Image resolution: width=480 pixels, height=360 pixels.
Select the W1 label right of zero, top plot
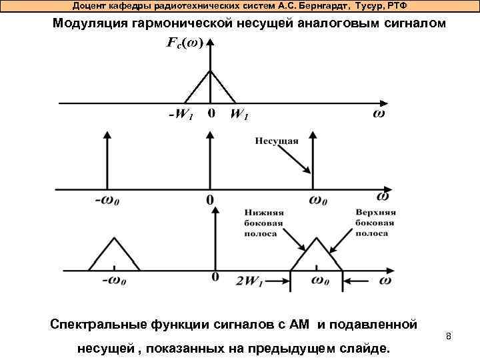click(239, 115)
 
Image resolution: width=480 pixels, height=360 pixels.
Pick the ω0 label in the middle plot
click(318, 199)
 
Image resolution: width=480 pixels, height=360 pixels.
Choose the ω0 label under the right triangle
click(319, 281)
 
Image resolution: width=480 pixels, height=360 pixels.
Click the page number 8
click(449, 337)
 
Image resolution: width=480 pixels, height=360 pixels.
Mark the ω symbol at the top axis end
click(378, 115)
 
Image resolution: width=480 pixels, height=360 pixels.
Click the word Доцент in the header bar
click(89, 5)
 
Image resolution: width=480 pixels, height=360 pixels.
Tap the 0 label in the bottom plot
click(215, 276)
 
